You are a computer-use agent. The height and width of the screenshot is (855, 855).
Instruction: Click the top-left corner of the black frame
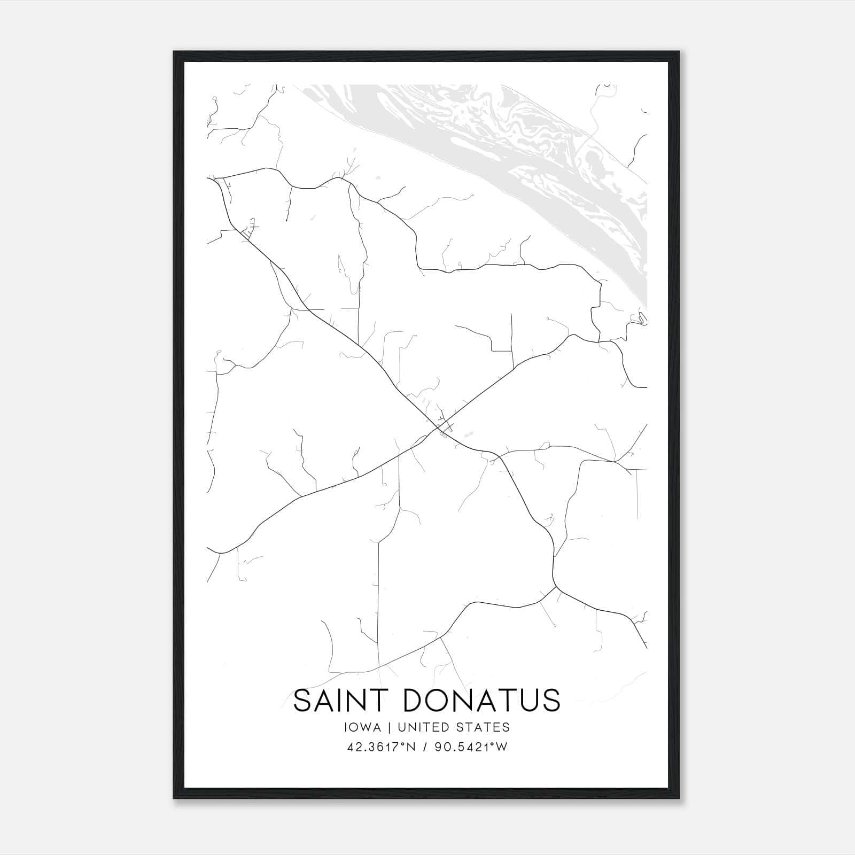point(174,52)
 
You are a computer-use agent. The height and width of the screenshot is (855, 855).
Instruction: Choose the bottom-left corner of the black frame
point(174,798)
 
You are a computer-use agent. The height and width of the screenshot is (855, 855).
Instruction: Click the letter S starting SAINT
point(302,701)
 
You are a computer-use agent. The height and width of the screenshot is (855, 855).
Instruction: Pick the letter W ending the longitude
point(502,748)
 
